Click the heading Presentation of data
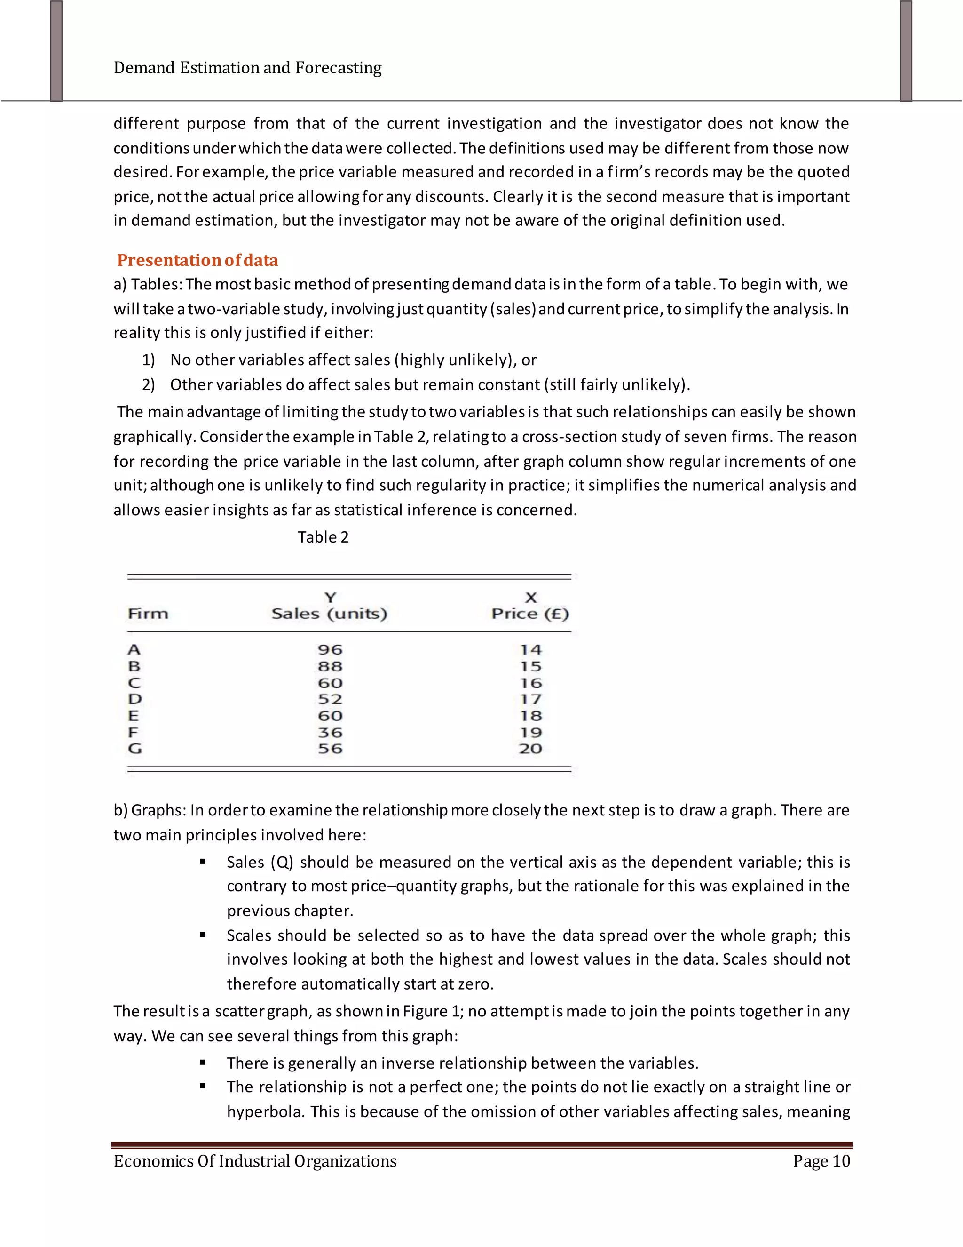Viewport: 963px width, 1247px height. coord(197,260)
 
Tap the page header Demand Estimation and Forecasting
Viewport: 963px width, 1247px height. coord(248,68)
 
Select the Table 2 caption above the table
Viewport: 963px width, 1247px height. coord(323,537)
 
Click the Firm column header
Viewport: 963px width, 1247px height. coord(148,614)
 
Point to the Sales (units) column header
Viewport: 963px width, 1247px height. coord(329,614)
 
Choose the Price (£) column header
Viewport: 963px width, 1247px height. coord(530,614)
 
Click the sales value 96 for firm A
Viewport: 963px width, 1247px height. coord(330,650)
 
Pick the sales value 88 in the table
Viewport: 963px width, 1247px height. coord(330,666)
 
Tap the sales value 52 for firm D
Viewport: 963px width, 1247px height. coord(330,699)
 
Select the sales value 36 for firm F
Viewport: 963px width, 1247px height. coord(330,733)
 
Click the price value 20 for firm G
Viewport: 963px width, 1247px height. coord(530,749)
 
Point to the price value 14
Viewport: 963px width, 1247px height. coord(530,650)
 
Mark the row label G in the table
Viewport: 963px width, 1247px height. coord(134,749)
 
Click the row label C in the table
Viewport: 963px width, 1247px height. coord(134,683)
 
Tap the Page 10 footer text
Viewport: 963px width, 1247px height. coord(821,1161)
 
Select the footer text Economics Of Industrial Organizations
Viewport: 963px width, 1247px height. coord(255,1161)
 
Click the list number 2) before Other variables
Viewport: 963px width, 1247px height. coord(148,385)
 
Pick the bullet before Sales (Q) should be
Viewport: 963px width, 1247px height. coord(203,862)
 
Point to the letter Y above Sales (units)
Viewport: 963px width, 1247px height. coord(330,598)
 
